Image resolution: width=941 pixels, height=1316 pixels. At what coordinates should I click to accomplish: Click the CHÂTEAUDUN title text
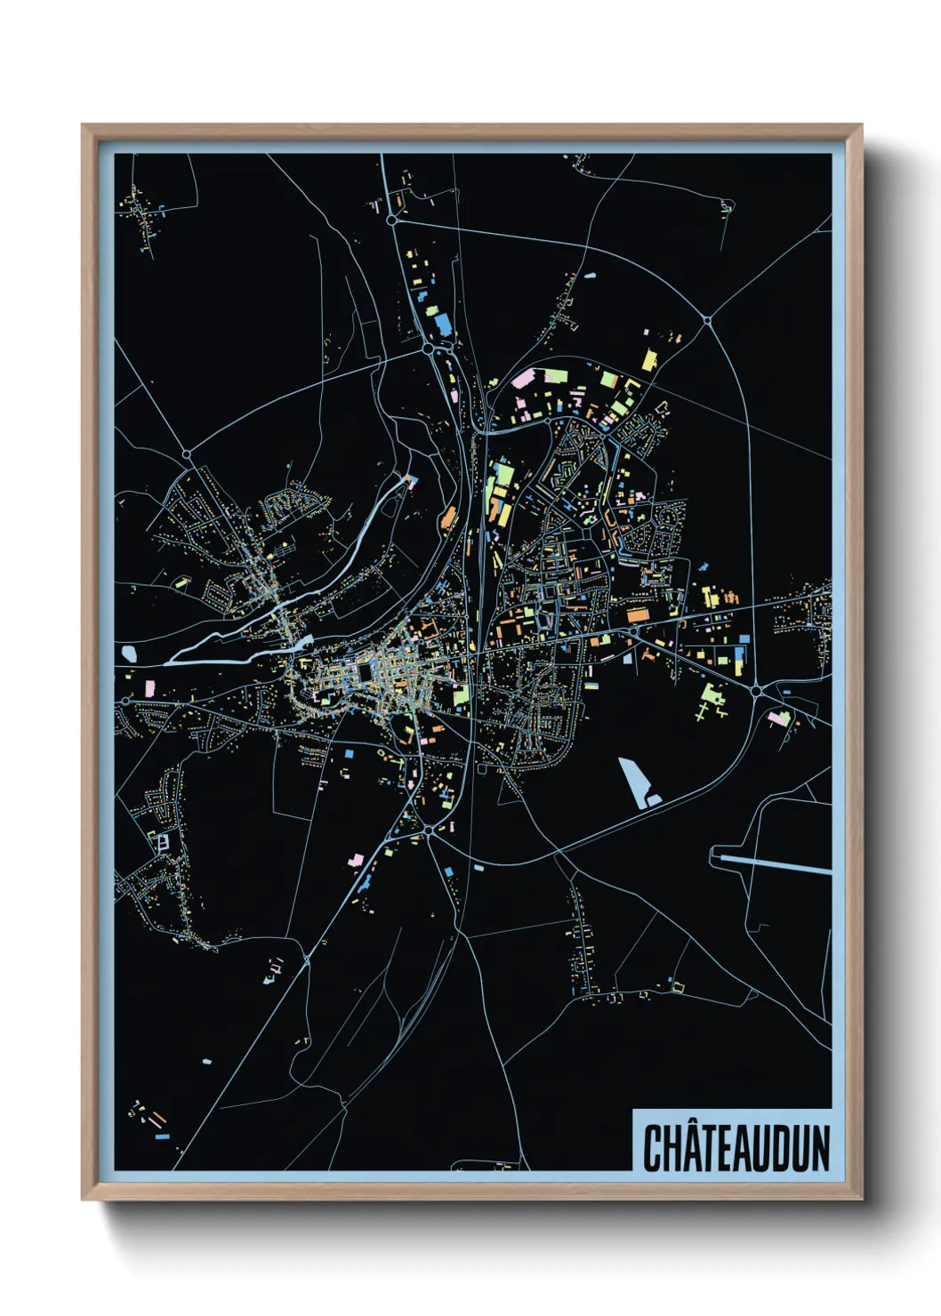[x=736, y=1147]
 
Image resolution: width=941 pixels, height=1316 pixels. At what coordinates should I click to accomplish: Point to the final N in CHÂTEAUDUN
[x=818, y=1148]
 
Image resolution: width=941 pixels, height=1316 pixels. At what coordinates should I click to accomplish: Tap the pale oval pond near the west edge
[x=130, y=654]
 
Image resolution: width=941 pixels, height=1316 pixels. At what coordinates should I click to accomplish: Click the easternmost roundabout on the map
[x=755, y=690]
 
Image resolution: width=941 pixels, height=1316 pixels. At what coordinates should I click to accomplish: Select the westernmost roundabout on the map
[x=187, y=454]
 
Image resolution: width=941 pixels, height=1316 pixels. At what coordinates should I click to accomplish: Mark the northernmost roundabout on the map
[x=390, y=220]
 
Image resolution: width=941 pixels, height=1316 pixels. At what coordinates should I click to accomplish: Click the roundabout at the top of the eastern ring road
[x=707, y=319]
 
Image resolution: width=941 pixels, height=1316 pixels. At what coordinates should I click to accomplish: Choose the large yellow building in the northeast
[x=649, y=359]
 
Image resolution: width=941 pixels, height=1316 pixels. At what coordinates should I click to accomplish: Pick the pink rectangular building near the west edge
[x=149, y=687]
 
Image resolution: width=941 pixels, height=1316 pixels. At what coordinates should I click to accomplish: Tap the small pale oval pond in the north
[x=590, y=276]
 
